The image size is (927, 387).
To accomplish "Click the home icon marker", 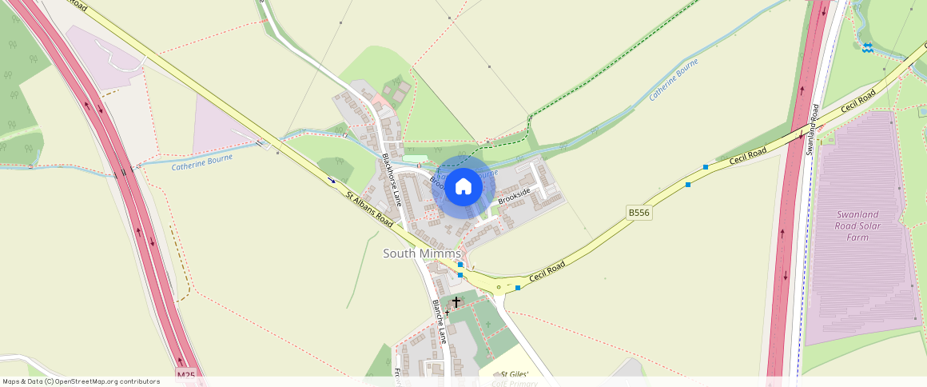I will [x=463, y=187].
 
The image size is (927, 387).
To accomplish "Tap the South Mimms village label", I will [x=422, y=253].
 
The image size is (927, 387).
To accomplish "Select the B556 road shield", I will [x=639, y=212].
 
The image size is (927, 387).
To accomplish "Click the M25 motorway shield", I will [x=185, y=374].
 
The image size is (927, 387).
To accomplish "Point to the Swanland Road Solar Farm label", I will [x=858, y=225].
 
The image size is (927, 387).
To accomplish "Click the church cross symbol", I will [x=456, y=302].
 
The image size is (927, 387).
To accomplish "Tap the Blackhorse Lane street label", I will [x=392, y=180].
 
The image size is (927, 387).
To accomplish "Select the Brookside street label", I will [x=514, y=197].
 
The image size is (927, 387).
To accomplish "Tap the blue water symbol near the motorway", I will [x=867, y=49].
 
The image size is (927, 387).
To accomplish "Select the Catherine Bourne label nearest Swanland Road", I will [x=674, y=79].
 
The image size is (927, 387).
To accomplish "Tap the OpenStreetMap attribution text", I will [x=81, y=381].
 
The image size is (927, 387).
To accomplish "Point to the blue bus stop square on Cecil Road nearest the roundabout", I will [x=518, y=288].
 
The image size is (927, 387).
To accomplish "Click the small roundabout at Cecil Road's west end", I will [x=499, y=286].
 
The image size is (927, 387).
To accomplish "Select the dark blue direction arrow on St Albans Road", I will [x=332, y=181].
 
